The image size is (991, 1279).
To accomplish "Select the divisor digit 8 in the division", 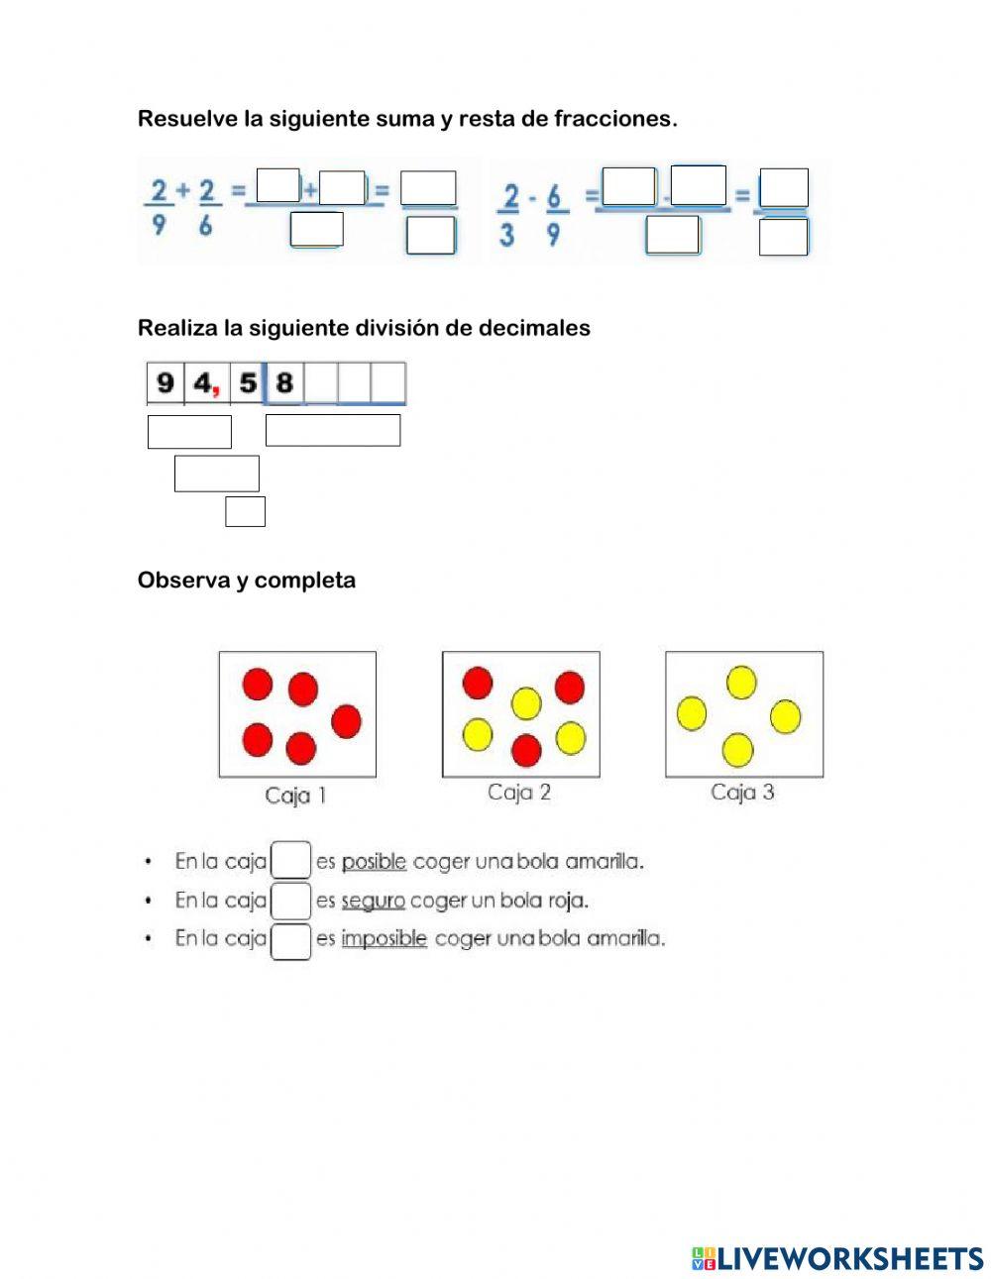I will point(284,382).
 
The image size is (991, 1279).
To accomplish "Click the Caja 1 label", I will point(295,796).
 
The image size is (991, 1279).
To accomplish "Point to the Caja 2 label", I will point(519,793).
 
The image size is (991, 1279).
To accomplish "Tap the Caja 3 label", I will point(742,793).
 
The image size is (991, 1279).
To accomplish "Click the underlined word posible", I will point(374,862).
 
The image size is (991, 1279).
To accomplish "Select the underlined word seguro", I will point(373,901).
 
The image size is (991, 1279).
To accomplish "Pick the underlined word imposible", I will point(384,938).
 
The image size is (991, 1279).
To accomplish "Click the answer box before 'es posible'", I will point(291,860).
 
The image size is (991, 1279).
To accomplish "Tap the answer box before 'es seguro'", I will point(291,900).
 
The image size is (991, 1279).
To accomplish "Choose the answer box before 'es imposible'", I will point(291,940).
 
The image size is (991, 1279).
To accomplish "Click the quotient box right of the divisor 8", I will point(333,431).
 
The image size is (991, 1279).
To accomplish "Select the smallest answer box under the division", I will point(245,511).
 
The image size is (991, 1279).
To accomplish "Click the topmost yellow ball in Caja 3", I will point(741,682).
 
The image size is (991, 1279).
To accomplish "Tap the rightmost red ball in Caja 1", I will point(346,721).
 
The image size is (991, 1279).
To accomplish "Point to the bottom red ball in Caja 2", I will point(526,750).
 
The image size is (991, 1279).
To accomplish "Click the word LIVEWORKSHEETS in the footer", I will point(849,1258).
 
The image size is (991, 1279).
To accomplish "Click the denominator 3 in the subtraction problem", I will point(506,237).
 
